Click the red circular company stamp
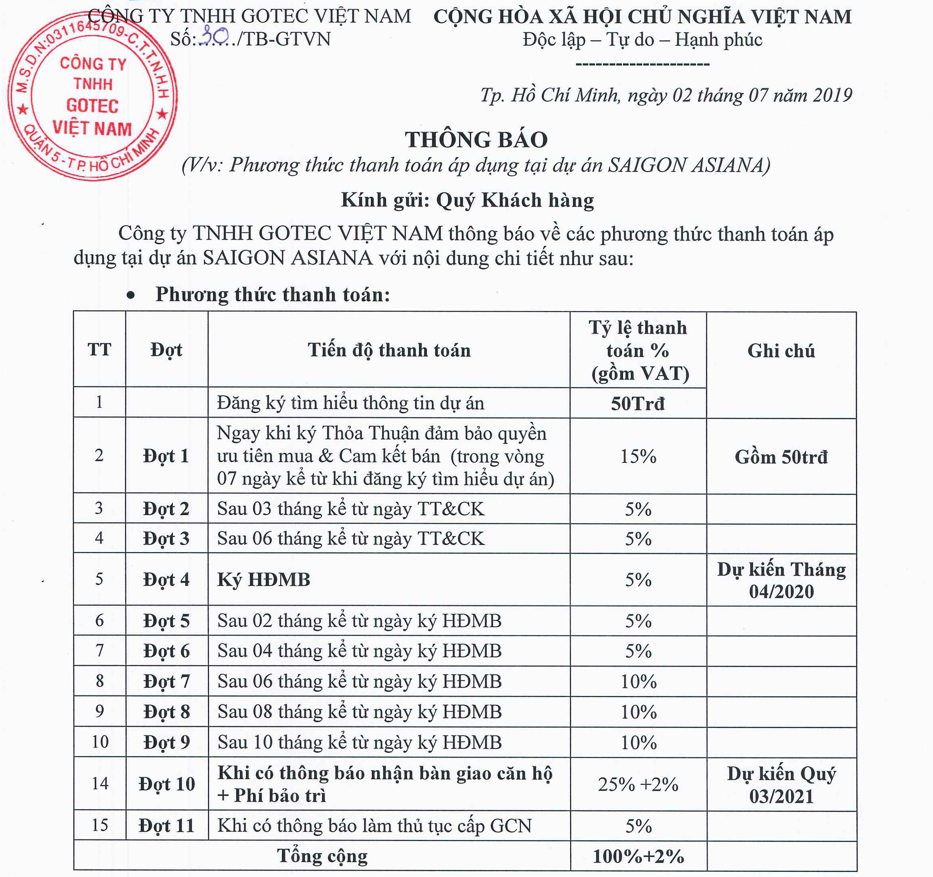tap(93, 96)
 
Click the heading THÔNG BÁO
tap(476, 140)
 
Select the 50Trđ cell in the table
tap(638, 403)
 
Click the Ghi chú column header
tap(781, 351)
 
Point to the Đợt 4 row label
tap(166, 579)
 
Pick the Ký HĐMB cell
tap(264, 579)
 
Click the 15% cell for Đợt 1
tap(638, 456)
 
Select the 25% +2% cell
tap(638, 784)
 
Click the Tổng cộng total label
tap(322, 856)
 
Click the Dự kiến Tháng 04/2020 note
tap(781, 580)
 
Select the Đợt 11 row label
tap(166, 826)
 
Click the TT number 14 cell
tap(99, 784)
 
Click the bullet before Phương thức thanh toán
tap(131, 295)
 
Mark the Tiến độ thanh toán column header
tap(389, 350)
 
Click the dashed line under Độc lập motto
tap(642, 64)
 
